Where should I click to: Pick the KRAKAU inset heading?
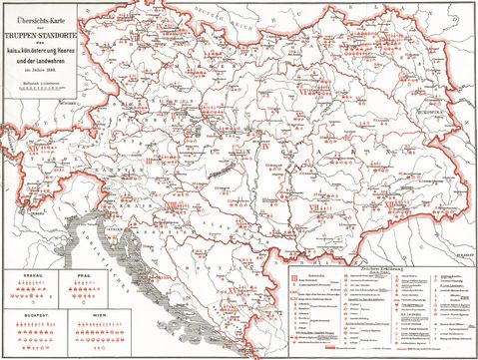click(x=24, y=271)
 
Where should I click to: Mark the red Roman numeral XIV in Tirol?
click(x=38, y=152)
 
